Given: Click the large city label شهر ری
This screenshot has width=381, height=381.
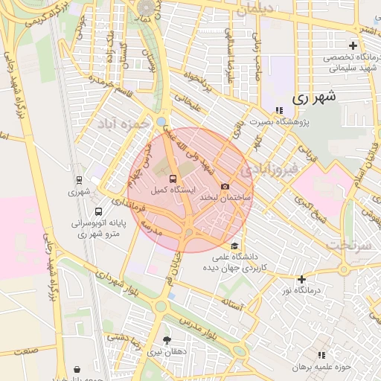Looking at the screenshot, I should [314, 97].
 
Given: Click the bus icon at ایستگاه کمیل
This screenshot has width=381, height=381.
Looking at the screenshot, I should [173, 179].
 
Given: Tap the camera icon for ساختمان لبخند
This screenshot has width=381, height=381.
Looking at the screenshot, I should [225, 186].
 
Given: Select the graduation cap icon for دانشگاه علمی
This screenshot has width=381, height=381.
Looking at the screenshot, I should [235, 246].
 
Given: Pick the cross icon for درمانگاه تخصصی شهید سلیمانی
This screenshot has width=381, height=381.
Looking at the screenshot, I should [353, 46].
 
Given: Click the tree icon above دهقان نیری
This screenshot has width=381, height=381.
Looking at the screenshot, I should [167, 339].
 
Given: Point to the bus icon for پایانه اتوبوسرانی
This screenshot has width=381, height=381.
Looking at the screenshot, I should [99, 211].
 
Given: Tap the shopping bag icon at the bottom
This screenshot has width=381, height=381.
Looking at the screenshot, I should [78, 369].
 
